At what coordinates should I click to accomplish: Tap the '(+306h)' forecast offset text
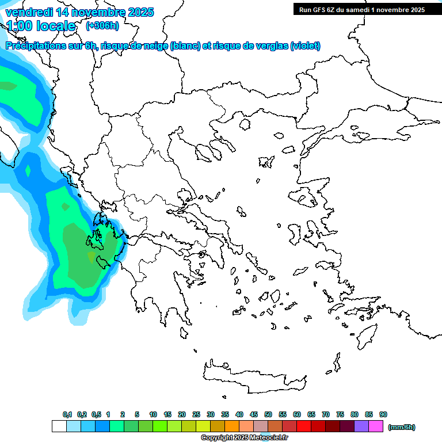tap(102, 26)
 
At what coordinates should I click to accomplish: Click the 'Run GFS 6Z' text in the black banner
tap(317, 10)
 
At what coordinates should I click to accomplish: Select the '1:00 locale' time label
tap(40, 26)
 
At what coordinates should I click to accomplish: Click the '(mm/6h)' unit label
tap(402, 427)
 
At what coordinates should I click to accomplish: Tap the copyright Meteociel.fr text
tap(243, 438)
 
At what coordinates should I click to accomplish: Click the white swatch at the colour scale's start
tap(59, 426)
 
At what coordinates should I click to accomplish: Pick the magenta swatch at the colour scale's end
tap(376, 426)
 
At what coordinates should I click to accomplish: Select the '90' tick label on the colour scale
tap(383, 414)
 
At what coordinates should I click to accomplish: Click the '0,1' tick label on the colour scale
tap(67, 414)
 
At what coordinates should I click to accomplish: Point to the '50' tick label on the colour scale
tap(268, 414)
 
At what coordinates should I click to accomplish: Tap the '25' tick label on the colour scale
tap(196, 414)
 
